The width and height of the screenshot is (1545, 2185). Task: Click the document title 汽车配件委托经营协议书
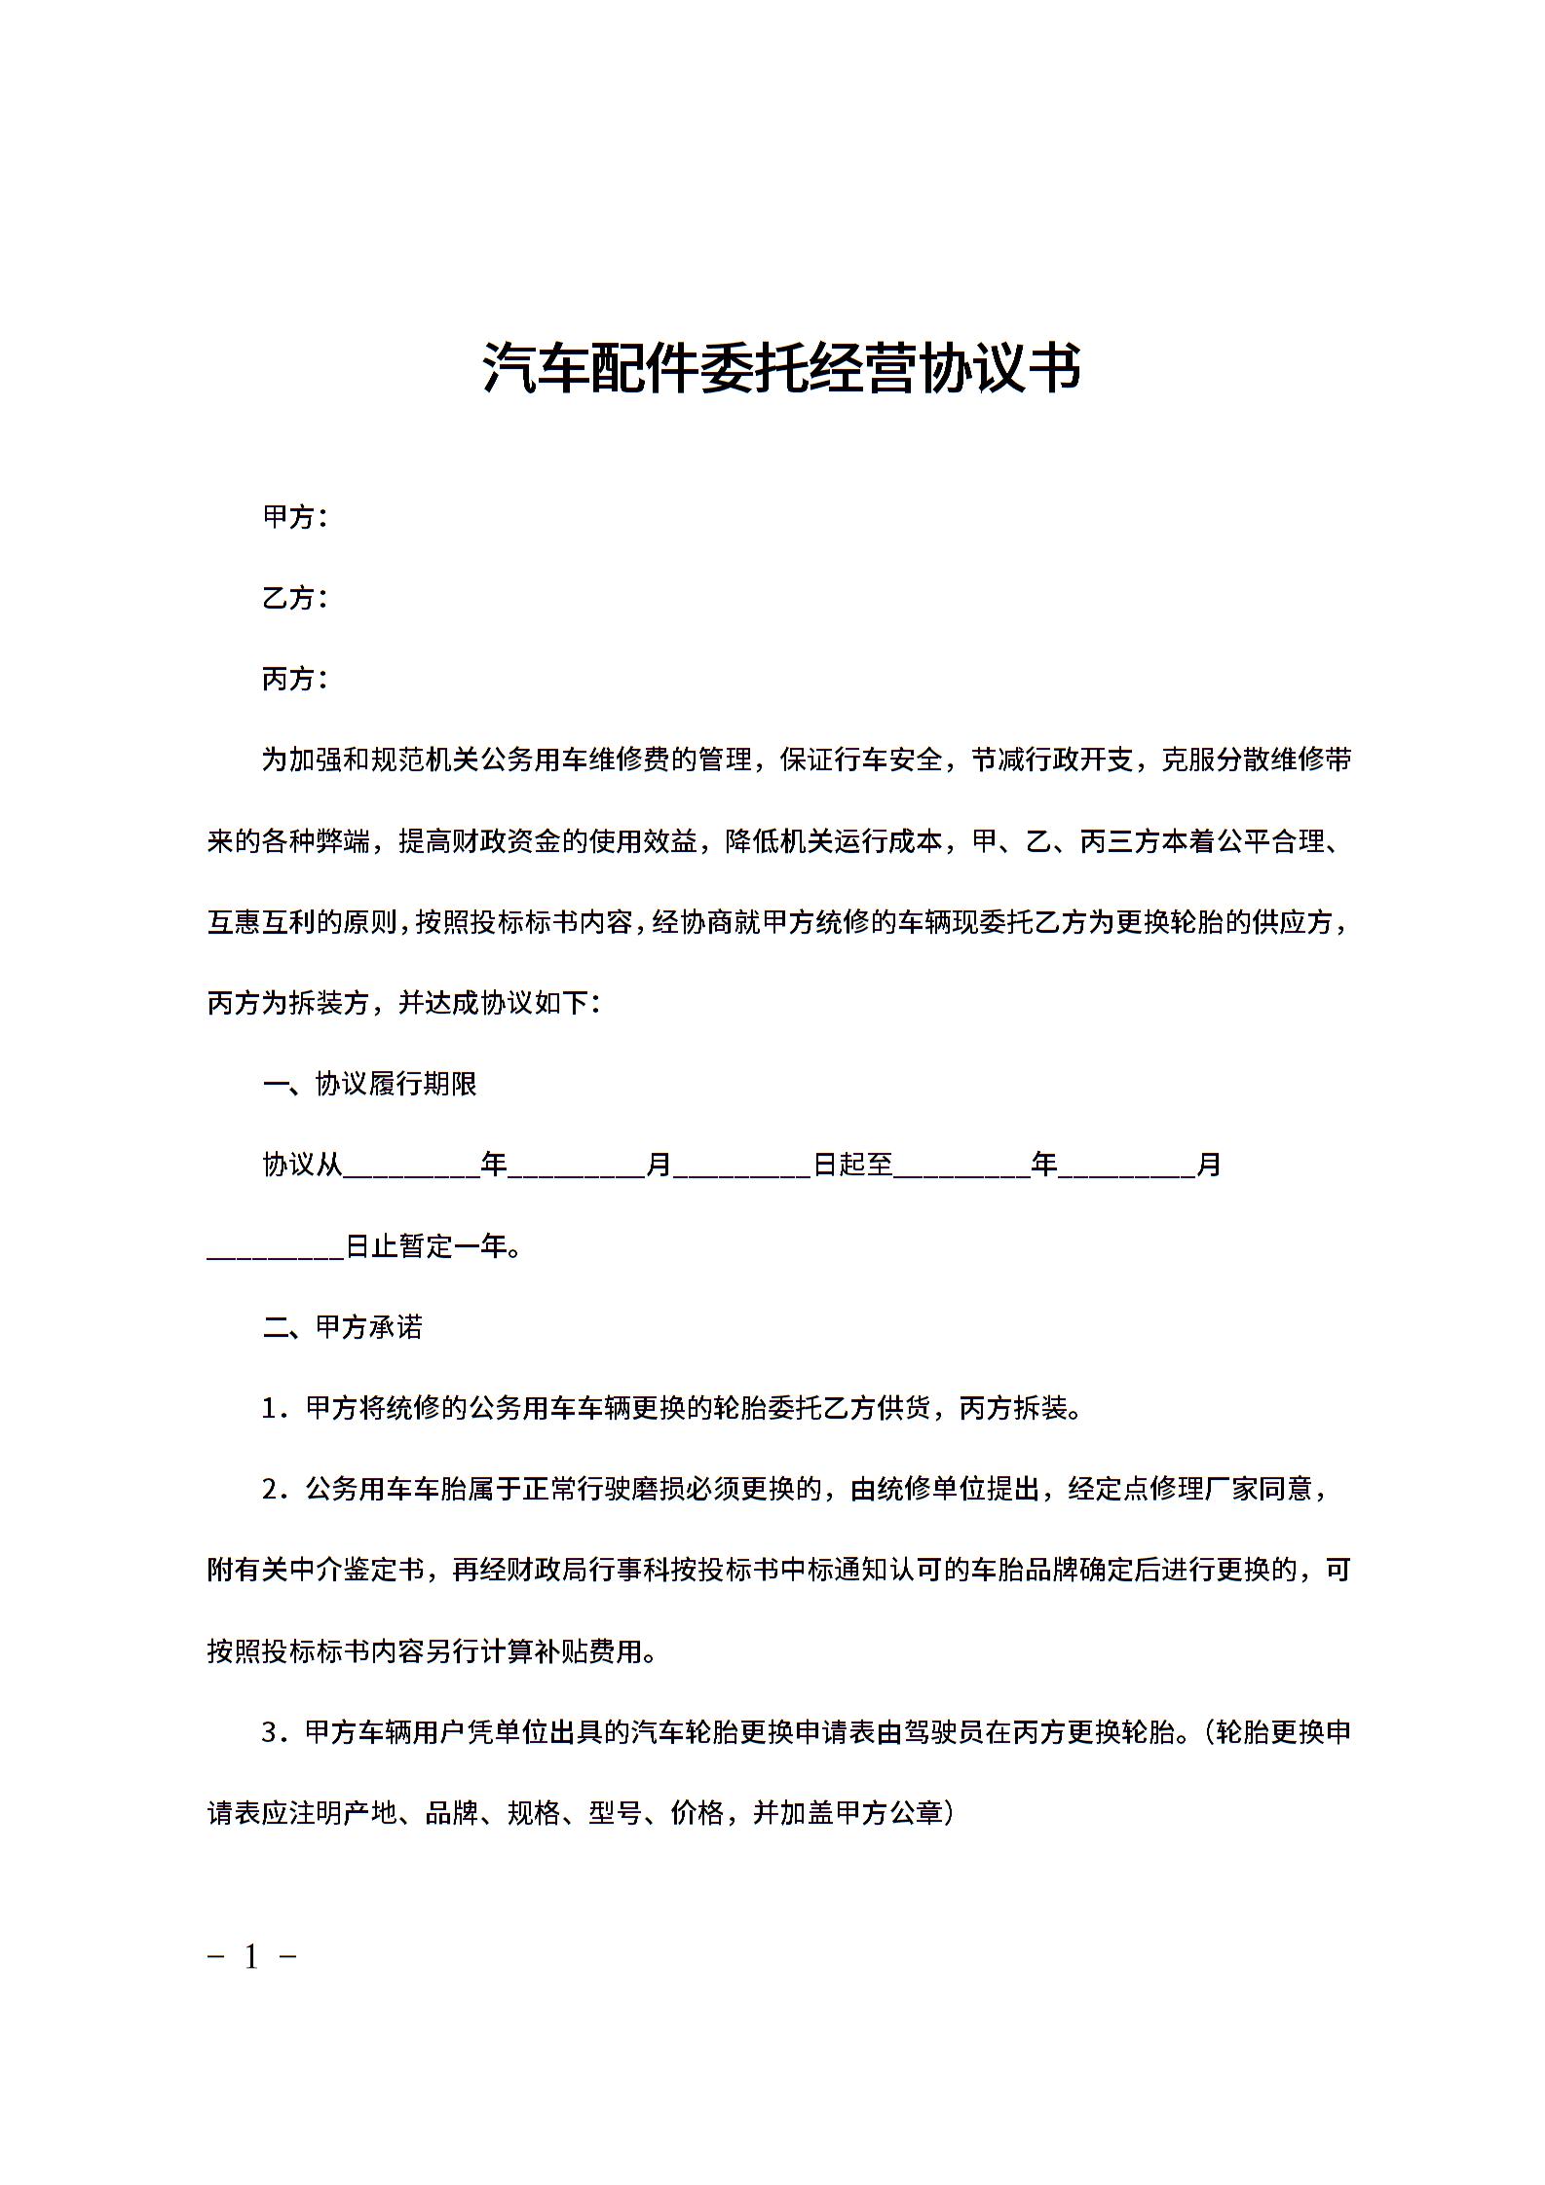[x=781, y=367]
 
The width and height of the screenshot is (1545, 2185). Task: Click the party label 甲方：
[x=295, y=517]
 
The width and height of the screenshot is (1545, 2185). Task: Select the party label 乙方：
[x=295, y=598]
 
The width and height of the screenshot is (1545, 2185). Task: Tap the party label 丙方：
[x=295, y=679]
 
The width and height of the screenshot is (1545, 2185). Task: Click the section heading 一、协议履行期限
[x=370, y=1084]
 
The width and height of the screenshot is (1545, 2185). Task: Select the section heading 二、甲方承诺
[x=343, y=1327]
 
